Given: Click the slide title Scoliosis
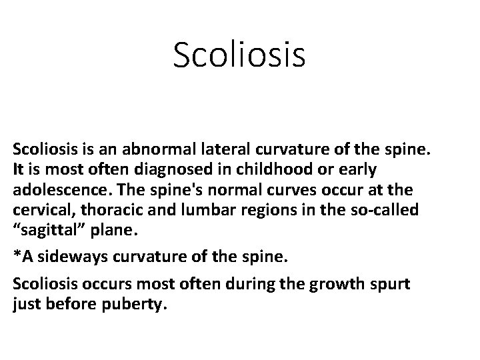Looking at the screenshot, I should pos(239,55).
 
